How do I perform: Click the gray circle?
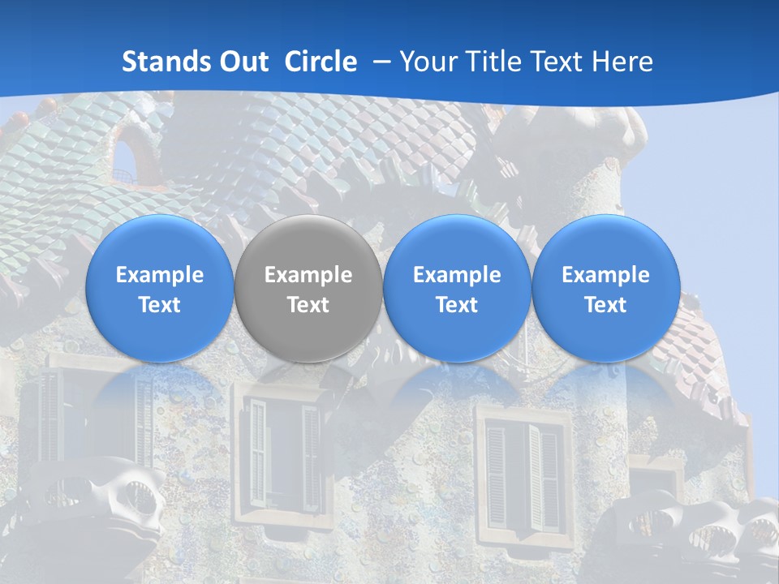tap(308, 289)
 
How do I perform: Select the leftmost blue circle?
tap(159, 289)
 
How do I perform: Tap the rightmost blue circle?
tap(605, 289)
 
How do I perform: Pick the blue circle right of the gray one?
tap(457, 289)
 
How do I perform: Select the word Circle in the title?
tap(321, 62)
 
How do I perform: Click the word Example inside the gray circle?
tap(308, 275)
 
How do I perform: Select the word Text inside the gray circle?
tap(308, 305)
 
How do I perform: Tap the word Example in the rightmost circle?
tap(605, 275)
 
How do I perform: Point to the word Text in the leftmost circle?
tap(159, 305)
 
